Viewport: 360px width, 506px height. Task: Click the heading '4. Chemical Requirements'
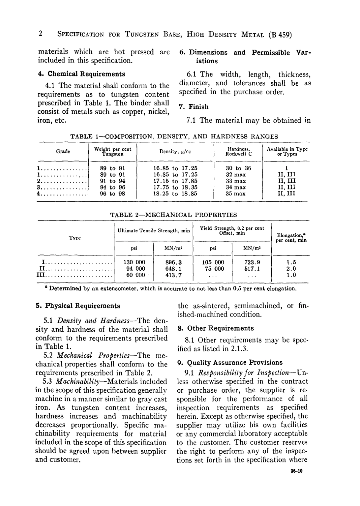coord(81,74)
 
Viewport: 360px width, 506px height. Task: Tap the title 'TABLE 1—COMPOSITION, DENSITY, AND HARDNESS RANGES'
coord(175,136)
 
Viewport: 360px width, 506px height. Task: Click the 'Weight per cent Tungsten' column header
coord(113,152)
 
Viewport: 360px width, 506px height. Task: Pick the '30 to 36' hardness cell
coord(238,168)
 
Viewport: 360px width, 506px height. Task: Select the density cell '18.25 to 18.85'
coord(175,193)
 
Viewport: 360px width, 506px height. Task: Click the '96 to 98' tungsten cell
coord(112,193)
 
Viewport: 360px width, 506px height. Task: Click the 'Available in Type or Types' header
coord(287,152)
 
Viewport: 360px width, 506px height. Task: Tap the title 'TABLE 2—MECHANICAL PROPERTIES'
coord(173,215)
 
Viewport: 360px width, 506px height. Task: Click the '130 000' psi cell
coord(135,262)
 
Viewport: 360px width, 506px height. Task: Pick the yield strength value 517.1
coord(252,269)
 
